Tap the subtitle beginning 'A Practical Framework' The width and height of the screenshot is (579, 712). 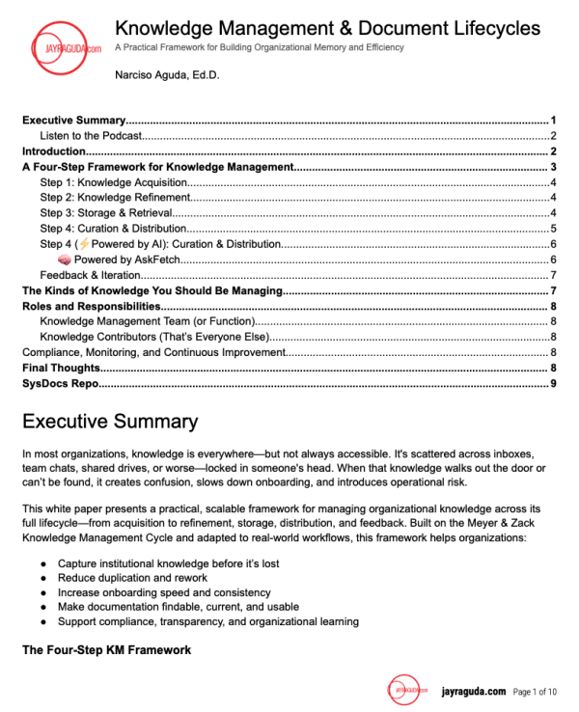(259, 48)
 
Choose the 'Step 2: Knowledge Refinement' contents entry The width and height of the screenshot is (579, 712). (111, 198)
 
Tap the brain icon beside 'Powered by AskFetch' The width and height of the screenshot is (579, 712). (65, 260)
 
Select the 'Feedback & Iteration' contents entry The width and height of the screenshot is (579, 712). (91, 275)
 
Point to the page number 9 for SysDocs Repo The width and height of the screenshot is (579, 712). (553, 384)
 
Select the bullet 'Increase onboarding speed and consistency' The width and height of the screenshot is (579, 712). (164, 592)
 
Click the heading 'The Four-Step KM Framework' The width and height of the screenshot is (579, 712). (106, 650)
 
